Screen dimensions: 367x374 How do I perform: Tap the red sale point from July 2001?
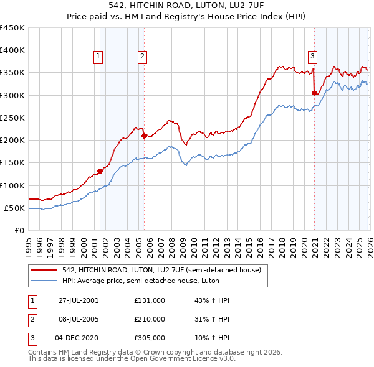click(100, 171)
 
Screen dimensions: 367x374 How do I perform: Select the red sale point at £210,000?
click(144, 135)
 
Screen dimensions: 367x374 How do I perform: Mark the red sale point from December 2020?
click(314, 93)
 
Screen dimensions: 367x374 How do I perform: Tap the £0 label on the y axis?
click(19, 230)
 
